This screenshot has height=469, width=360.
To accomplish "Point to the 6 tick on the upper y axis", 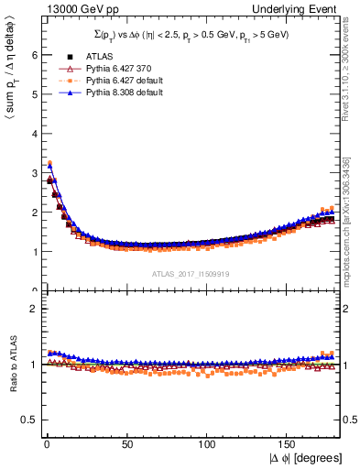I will (x=34, y=55).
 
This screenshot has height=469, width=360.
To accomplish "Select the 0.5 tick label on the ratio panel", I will (x=30, y=420).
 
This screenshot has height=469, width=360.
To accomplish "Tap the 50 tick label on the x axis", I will (x=126, y=446).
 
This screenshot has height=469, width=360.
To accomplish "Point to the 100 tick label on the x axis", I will (x=207, y=446).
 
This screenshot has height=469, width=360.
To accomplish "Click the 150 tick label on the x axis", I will (x=288, y=446).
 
